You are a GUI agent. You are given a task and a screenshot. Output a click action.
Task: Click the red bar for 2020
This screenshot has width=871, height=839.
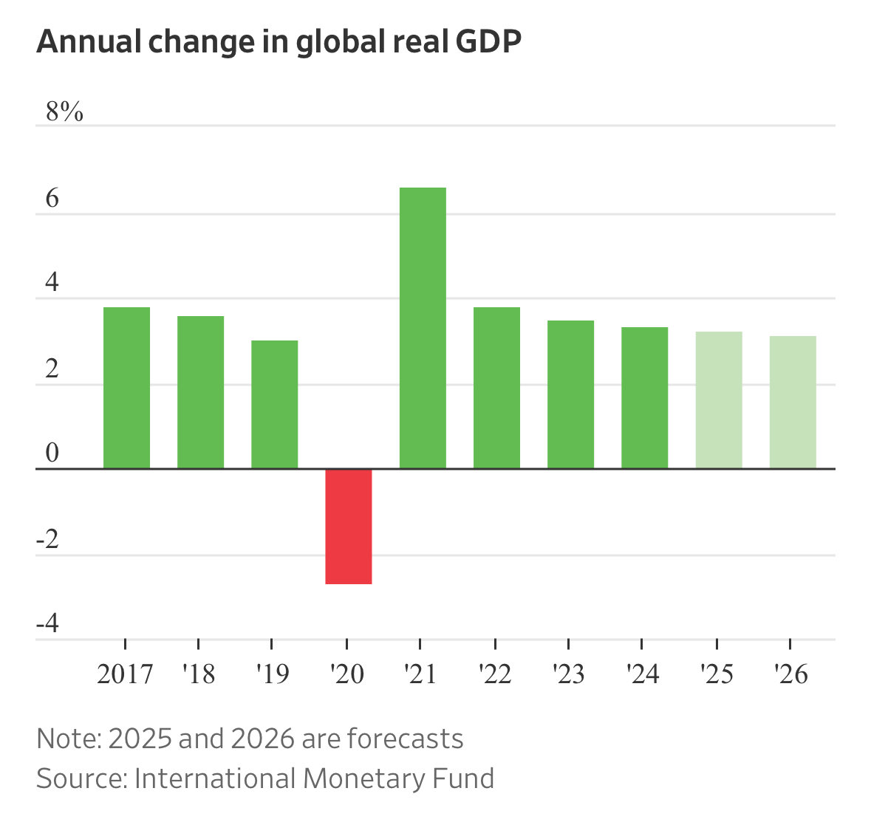point(349,526)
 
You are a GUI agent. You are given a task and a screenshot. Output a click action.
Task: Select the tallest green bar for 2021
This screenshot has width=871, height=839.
point(423,328)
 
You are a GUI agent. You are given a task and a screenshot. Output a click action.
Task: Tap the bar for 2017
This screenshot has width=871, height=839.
point(126,388)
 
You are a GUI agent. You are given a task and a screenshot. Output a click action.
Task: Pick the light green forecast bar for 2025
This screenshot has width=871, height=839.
point(719,400)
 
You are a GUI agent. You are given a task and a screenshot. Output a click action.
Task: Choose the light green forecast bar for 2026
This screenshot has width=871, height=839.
point(793,402)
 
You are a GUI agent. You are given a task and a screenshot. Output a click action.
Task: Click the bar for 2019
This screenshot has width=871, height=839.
point(274,404)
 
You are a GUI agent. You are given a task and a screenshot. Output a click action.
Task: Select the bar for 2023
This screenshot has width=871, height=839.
point(570,394)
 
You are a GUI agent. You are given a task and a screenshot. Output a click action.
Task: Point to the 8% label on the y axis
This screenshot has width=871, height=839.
point(65,112)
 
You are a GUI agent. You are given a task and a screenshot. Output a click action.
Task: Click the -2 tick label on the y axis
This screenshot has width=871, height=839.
point(47,540)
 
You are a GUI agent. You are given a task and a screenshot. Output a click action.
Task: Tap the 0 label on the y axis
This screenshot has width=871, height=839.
point(52,453)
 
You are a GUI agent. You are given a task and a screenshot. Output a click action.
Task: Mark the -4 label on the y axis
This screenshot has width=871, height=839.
point(47,625)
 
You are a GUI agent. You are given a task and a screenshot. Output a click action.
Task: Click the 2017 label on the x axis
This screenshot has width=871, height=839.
point(125,674)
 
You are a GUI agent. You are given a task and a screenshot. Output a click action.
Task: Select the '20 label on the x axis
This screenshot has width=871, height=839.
point(347,674)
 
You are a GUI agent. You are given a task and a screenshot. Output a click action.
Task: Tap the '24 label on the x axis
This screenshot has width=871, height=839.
point(643,674)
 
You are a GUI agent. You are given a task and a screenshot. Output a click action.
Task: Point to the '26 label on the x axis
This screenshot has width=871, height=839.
point(791,674)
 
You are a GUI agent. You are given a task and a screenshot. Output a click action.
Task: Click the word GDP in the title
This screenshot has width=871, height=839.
point(488,42)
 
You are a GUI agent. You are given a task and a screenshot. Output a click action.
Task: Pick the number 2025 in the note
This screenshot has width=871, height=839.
point(140,739)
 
